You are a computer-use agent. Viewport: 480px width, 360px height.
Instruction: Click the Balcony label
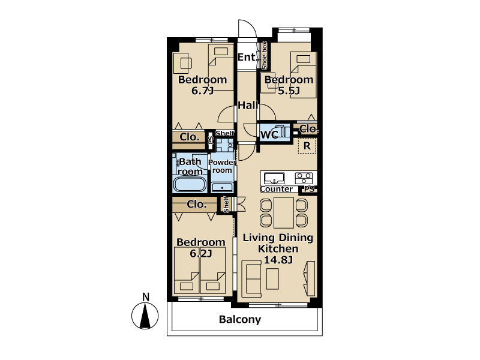point(240,320)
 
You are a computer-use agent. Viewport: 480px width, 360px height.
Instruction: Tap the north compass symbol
point(145,316)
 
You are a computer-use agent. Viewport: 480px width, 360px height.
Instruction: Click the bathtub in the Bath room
point(190,184)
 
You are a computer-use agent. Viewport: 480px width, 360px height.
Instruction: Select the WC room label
point(269,134)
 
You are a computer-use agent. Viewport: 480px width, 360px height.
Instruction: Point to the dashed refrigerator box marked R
point(307,146)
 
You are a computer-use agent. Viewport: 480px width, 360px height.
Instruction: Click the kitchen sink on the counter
point(274,178)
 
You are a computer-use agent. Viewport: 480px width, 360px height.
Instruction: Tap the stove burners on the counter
point(304,178)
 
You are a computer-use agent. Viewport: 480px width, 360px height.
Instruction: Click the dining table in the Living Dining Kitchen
point(284,213)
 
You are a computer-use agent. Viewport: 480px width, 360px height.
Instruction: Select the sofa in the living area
point(251,278)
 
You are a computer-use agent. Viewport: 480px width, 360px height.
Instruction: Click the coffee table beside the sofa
point(272,279)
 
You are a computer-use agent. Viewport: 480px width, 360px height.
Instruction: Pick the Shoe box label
point(264,55)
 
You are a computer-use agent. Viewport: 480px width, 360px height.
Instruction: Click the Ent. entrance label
point(247,57)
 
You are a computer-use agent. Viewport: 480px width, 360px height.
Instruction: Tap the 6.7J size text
point(202,91)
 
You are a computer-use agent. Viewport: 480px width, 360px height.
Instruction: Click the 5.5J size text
point(289,91)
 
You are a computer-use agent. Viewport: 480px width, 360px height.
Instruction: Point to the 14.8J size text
point(278,260)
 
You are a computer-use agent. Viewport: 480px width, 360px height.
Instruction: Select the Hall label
point(248,106)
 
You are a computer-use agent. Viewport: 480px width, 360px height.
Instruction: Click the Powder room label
point(222,166)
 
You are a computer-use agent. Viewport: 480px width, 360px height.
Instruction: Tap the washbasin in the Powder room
point(222,187)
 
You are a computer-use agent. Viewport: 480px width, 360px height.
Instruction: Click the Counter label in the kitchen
point(276,189)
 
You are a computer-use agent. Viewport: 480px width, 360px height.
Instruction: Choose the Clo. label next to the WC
point(308,129)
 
